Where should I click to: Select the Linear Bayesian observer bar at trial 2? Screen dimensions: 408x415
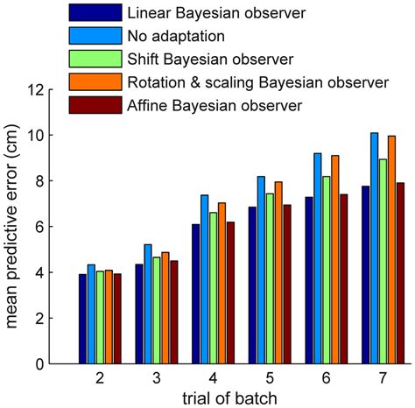[82, 319]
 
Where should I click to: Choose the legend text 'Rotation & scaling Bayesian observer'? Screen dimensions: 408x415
[257, 82]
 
